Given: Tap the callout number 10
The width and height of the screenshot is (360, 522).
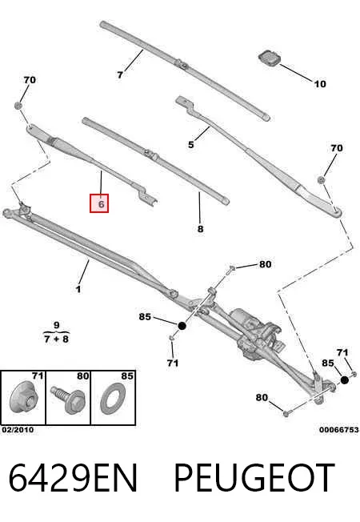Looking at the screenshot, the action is pos(320,84).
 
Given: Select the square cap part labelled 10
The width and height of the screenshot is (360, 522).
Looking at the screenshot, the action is pos(269,58).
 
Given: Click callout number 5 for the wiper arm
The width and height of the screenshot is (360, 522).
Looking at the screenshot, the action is pos(190,145).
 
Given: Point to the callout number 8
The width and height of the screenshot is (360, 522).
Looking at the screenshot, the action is pos(200,229).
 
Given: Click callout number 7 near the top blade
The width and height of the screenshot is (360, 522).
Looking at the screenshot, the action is pos(120,75).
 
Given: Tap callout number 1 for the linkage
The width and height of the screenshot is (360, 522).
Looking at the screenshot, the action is pos(78,289).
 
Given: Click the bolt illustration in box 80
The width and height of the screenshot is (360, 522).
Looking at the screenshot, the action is pos(68,400).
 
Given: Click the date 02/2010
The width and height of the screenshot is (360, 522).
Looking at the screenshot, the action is pos(18,430).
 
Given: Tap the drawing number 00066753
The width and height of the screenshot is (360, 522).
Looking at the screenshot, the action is pos(339,430).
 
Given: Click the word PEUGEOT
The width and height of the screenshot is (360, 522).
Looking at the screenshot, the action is pos(254,478).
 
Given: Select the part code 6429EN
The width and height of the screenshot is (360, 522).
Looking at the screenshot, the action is pos(73,478).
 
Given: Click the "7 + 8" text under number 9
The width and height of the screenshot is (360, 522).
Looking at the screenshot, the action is pos(57,339).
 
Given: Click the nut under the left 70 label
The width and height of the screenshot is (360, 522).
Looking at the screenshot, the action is pos(18,106).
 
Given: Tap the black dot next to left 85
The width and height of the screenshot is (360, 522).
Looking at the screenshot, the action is pos(182,326).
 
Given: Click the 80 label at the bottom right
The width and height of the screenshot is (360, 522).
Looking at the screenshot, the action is pos(262,397).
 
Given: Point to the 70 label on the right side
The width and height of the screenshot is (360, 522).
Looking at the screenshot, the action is pos(336,148).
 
